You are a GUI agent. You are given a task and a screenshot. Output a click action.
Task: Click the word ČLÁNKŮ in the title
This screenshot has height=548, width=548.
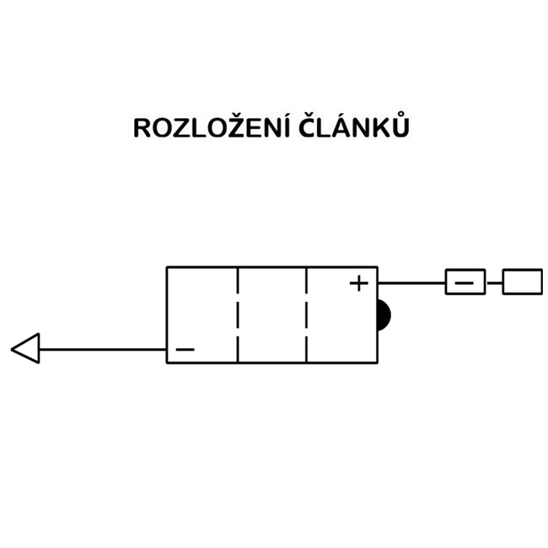[354, 128]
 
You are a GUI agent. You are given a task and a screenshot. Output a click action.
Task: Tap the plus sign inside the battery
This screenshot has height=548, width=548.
[359, 283]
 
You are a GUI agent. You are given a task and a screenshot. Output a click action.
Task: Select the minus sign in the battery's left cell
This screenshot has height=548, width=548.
[185, 349]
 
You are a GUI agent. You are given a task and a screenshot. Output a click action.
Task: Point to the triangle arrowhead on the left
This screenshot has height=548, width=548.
[26, 348]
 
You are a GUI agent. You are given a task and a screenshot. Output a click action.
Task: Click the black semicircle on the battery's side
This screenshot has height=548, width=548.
[384, 315]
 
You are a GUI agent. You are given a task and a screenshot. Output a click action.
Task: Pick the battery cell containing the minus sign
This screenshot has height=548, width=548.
[202, 314]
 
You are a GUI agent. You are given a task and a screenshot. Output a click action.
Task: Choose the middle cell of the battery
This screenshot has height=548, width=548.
[271, 314]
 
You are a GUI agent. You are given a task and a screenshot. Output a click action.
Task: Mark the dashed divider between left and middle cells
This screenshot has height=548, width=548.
[238, 314]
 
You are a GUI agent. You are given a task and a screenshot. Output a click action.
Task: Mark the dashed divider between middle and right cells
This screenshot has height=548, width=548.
[306, 314]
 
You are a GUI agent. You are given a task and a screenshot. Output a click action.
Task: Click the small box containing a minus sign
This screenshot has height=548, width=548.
[465, 282]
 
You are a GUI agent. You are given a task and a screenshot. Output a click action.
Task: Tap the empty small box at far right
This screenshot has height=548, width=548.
[522, 282]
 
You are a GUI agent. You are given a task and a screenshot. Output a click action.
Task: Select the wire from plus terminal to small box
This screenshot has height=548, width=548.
[411, 282]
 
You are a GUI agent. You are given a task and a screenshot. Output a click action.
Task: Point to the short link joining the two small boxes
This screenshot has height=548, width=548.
[494, 282]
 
